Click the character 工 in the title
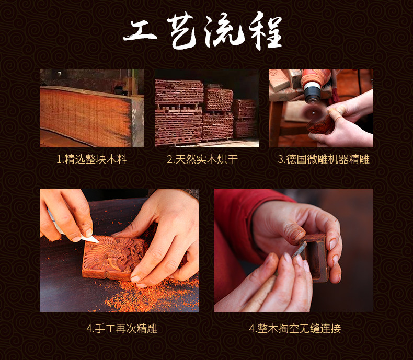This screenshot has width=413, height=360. coord(140,31)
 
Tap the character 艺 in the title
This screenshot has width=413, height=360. coord(182,31)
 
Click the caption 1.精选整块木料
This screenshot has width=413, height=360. coord(92,159)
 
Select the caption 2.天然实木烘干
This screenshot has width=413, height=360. coord(202,159)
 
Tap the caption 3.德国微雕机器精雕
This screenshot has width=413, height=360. coord(324,159)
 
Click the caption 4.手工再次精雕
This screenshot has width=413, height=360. coord(122,329)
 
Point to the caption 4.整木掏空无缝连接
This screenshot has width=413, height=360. coord(295,329)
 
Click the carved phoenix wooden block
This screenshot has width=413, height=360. coord(113,257)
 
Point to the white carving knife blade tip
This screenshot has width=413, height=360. coord(97,241)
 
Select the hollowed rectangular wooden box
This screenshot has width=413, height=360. coord(315,257)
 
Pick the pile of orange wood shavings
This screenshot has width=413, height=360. coord(153,292)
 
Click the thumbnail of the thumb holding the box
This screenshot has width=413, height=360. coord(297,233)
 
